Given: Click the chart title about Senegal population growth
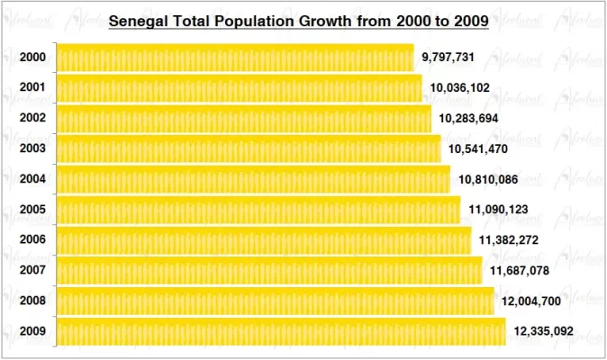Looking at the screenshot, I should (x=298, y=20).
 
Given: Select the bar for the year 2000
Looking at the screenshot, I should (x=235, y=58).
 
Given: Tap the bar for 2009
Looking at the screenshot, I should (x=281, y=331).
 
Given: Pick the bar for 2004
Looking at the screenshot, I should (x=253, y=179).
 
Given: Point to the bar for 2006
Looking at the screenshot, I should (x=263, y=240).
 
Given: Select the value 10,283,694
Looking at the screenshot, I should (x=468, y=118).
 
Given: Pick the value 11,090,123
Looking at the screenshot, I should (x=498, y=210).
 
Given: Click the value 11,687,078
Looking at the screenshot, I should (x=519, y=270).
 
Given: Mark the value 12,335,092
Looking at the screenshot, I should (x=543, y=331).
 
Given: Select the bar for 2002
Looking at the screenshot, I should (x=244, y=119).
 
